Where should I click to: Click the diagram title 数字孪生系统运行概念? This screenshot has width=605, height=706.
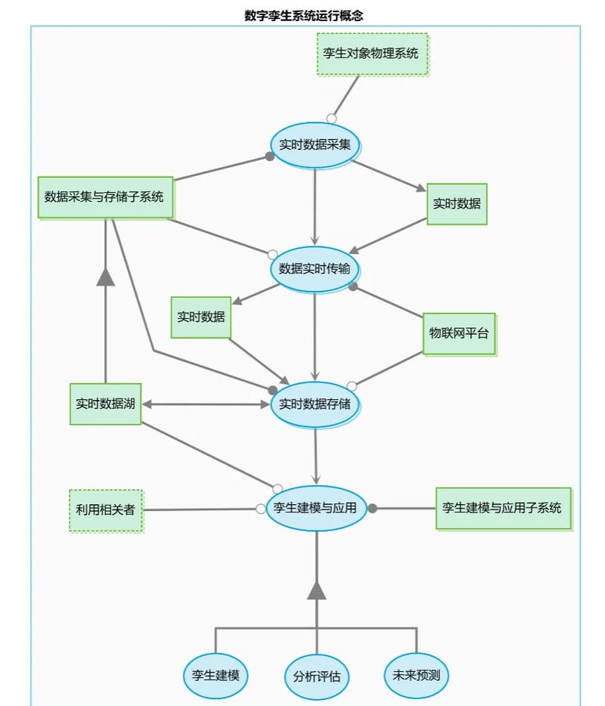(x=303, y=15)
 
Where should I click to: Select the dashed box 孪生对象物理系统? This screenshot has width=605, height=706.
(x=372, y=54)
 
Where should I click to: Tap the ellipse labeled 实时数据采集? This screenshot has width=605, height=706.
(x=315, y=145)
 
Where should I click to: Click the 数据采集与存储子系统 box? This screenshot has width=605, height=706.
(x=105, y=197)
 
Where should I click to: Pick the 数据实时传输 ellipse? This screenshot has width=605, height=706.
(x=315, y=269)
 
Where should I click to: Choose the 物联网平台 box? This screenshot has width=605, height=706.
(x=459, y=333)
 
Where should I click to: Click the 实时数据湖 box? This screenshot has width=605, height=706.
(x=105, y=404)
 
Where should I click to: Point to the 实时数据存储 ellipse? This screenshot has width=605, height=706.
(x=315, y=404)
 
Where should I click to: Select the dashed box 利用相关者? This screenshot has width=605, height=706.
(x=106, y=510)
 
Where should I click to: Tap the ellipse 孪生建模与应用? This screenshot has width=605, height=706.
(x=316, y=509)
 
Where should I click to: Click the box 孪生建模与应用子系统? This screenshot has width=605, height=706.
(x=503, y=509)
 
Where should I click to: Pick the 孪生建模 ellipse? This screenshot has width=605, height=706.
(x=216, y=676)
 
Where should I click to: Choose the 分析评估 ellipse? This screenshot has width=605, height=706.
(x=317, y=677)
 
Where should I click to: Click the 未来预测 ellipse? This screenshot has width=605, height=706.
(x=416, y=675)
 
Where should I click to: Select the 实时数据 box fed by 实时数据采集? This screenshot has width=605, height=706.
(x=457, y=204)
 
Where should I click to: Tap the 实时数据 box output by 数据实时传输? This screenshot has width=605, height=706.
(x=201, y=317)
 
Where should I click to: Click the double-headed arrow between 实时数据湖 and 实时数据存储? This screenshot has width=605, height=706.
(x=206, y=404)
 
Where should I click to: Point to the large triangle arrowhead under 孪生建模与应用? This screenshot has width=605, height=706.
(x=317, y=590)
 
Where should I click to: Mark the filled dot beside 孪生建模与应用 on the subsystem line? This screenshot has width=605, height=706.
(x=372, y=509)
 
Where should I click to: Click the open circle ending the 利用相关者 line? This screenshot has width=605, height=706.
(x=260, y=509)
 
